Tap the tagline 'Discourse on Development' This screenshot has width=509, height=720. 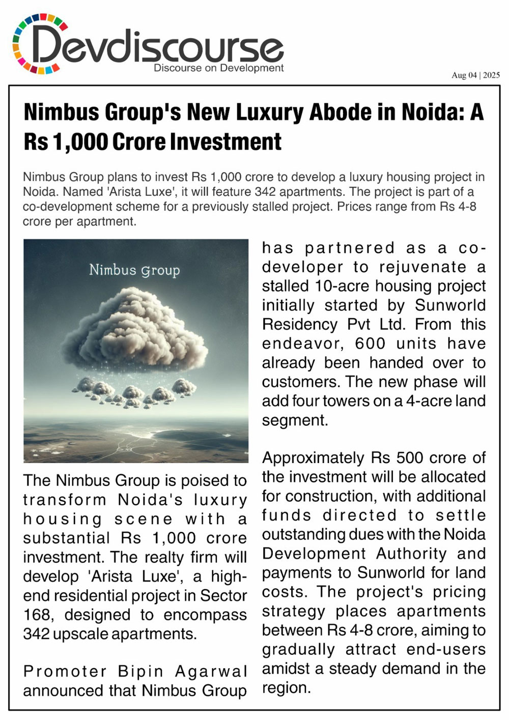click(218, 68)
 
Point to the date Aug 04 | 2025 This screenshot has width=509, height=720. click(475, 75)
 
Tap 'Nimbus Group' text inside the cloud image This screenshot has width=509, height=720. click(134, 270)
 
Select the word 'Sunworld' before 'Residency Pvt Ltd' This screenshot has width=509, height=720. click(450, 305)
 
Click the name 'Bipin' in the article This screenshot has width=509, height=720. click(140, 671)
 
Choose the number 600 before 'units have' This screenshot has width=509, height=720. click(371, 343)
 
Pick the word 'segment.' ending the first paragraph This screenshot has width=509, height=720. click(295, 420)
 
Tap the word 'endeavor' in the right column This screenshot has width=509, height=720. click(302, 343)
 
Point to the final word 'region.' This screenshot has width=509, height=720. click(286, 688)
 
